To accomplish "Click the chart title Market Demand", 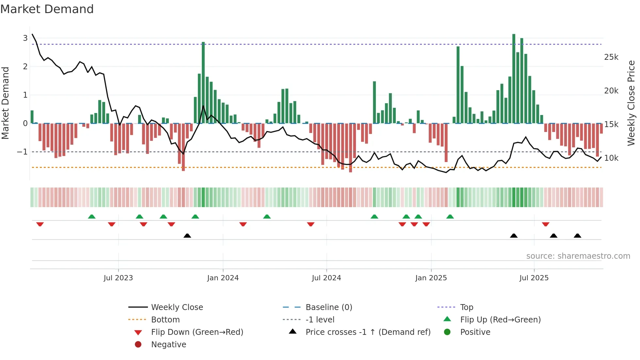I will pyautogui.click(x=47, y=9).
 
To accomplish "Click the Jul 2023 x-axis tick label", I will pyautogui.click(x=118, y=278).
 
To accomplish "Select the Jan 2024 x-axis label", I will pyautogui.click(x=223, y=278).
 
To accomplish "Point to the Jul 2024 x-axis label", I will pyautogui.click(x=326, y=278).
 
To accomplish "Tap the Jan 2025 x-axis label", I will pyautogui.click(x=431, y=278).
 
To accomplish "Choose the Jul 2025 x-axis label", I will pyautogui.click(x=534, y=278).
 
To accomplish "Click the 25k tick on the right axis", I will pyautogui.click(x=611, y=57).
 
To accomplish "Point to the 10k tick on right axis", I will pyautogui.click(x=611, y=158).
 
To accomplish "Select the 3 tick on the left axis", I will pyautogui.click(x=25, y=38).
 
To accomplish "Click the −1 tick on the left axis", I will pyautogui.click(x=22, y=152).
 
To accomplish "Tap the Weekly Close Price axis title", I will pyautogui.click(x=631, y=103).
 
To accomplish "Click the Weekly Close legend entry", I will pyautogui.click(x=177, y=307).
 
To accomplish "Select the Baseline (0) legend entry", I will pyautogui.click(x=328, y=307).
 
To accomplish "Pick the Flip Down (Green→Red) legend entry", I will pyautogui.click(x=197, y=332).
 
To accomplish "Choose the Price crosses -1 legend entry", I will pyautogui.click(x=368, y=332).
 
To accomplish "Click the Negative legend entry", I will pyautogui.click(x=168, y=345).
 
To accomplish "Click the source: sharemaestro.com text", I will pyautogui.click(x=578, y=256).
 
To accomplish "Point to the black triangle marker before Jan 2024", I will pyautogui.click(x=187, y=236).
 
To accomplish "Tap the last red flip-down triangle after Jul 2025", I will pyautogui.click(x=545, y=224).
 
